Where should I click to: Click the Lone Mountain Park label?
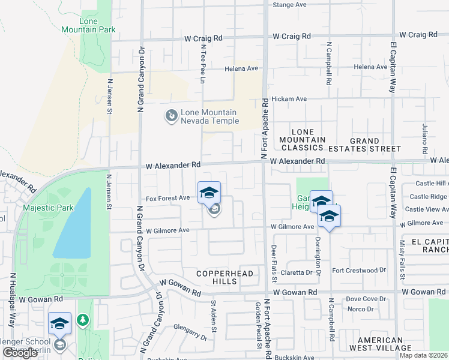coord(88,25)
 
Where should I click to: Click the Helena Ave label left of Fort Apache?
coord(241,68)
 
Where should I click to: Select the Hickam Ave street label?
coord(289,98)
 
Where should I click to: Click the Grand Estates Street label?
coord(375,145)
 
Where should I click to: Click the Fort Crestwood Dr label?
coord(359,270)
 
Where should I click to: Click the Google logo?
coord(20,353)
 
